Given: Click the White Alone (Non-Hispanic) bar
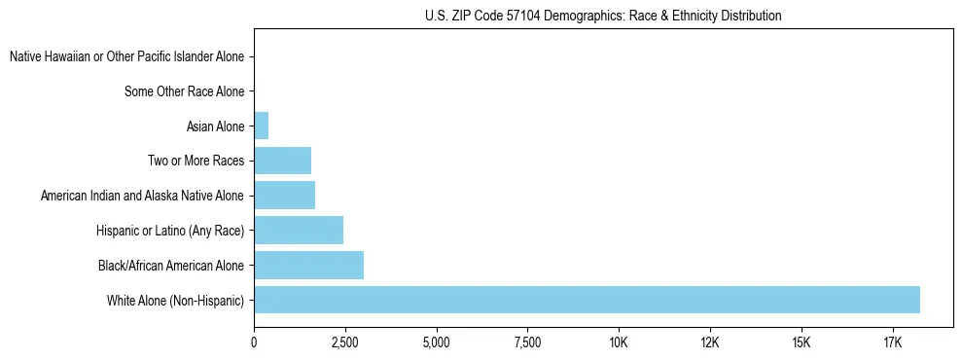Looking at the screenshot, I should (587, 300).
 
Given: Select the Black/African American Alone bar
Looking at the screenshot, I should (308, 265).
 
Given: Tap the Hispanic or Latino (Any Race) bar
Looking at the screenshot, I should (299, 231).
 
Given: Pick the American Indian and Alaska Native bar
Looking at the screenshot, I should (284, 196).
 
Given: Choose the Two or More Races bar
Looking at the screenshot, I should (282, 161).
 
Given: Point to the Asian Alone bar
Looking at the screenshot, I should (261, 126).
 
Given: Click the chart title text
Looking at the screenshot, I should (603, 16).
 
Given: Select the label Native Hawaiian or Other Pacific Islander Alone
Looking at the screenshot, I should (126, 57).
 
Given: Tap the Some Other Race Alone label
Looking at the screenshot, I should (184, 92).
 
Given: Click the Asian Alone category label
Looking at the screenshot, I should (215, 126).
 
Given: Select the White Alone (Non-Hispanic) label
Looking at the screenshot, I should (176, 301).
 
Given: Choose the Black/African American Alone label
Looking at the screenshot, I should (171, 266).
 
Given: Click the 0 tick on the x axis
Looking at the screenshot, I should (254, 342).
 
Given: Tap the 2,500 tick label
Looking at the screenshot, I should (344, 342).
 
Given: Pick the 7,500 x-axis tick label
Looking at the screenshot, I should (527, 342).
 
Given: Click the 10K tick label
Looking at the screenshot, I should (619, 342).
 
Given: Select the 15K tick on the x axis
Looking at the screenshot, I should (802, 342).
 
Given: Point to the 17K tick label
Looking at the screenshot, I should (893, 342).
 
